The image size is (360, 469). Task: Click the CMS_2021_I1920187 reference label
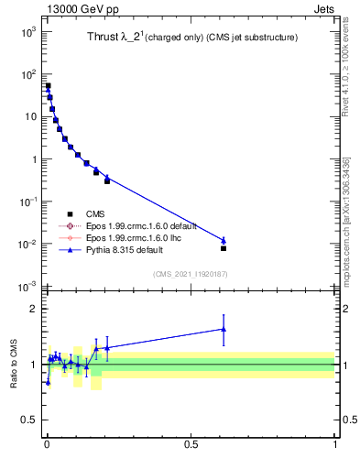[x=191, y=273]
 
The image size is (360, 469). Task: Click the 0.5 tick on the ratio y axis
[x=30, y=420]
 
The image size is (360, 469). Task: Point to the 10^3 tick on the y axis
[x=29, y=31]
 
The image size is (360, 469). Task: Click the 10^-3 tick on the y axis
[x=29, y=287]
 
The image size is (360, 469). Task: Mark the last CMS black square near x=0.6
[x=224, y=248]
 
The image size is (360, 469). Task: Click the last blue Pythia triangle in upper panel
[x=224, y=240]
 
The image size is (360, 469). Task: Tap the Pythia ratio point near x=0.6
[x=224, y=329]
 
